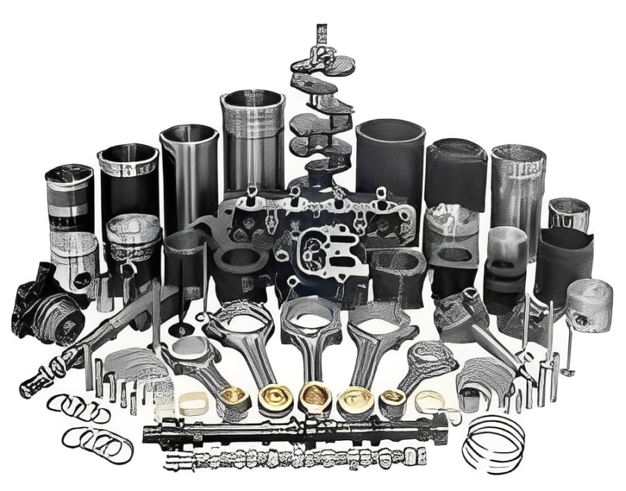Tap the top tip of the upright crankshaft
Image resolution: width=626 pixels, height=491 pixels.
coord(321,29)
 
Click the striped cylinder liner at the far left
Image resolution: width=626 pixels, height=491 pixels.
coord(69,198)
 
